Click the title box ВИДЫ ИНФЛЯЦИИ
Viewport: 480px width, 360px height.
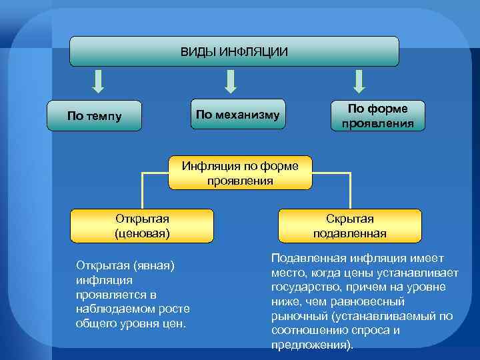(235, 51)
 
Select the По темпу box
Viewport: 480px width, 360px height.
(95, 116)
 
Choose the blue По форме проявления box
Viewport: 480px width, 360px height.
(378, 115)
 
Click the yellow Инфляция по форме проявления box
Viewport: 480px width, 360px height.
(241, 173)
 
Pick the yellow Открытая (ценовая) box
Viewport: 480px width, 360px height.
(142, 226)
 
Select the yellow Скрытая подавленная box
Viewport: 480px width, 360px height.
(350, 226)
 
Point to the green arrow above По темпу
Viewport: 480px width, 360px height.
(98, 81)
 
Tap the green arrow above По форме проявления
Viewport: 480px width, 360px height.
(359, 81)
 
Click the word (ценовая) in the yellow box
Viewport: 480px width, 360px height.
(142, 233)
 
